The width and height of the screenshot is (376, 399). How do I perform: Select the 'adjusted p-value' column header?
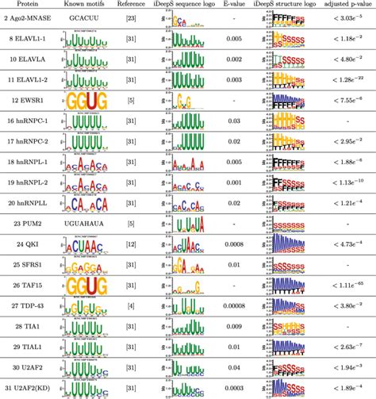coord(347,5)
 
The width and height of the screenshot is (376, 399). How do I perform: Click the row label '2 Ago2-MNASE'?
coord(30,17)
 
